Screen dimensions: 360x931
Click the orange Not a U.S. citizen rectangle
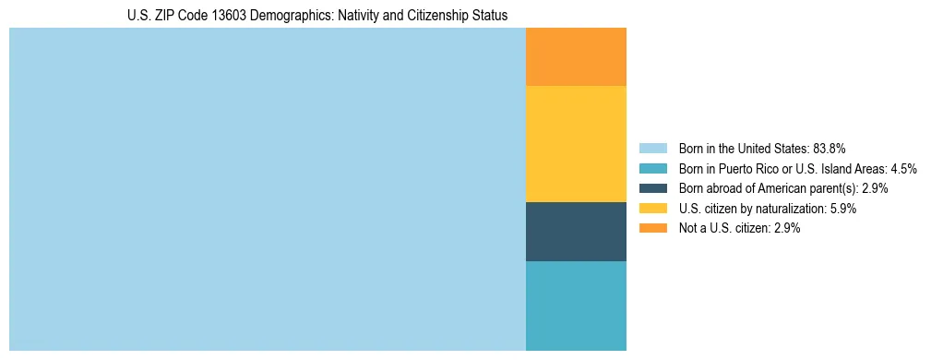(x=576, y=56)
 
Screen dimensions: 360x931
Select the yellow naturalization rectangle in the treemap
(x=576, y=143)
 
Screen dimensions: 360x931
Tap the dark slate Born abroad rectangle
(x=576, y=232)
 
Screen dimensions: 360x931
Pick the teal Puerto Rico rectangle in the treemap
(x=576, y=306)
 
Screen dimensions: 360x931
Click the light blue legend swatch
(x=652, y=148)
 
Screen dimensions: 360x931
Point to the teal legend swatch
(x=652, y=168)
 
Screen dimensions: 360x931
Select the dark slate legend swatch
(x=652, y=188)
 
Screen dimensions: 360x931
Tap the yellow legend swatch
(x=652, y=209)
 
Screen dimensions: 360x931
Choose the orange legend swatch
(x=652, y=228)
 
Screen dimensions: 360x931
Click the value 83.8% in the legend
(x=830, y=148)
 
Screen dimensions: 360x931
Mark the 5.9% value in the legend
(x=840, y=209)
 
